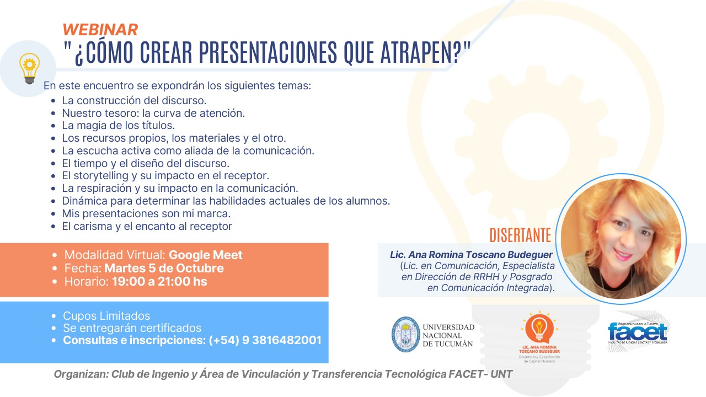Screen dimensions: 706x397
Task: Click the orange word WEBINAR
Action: point(100,30)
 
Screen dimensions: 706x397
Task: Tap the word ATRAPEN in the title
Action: point(416,52)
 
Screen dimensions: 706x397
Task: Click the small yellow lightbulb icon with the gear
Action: point(29,68)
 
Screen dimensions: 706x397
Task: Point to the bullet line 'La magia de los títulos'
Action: point(118,125)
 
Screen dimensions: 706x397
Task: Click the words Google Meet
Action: point(206,255)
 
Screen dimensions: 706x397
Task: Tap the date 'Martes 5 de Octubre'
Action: point(164,268)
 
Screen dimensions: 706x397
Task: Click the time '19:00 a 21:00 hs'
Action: point(159,281)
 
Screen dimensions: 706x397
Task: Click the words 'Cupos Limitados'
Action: point(106,316)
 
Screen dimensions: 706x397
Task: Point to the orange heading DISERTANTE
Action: point(520,235)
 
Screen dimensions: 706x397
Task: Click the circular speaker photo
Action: point(621,239)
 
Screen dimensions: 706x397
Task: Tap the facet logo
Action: point(638,332)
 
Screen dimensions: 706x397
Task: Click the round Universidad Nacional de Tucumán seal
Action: point(406,334)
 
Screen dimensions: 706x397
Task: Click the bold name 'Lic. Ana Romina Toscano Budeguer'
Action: point(471,255)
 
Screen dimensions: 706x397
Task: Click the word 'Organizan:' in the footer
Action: point(81,374)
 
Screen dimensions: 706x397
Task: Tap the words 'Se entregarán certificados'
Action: point(132,328)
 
